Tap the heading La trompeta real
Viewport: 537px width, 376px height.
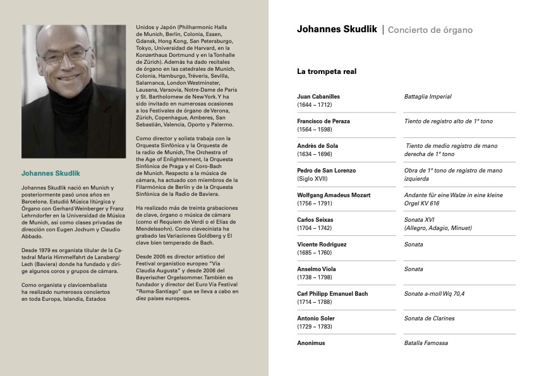pos(327,71)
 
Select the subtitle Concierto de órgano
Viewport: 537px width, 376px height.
pos(430,30)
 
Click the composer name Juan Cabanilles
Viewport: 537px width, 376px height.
pos(318,97)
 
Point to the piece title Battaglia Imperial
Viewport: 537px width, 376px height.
pos(428,97)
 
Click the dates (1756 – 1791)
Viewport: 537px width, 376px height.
pos(314,203)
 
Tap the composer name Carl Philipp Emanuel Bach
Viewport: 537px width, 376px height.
pos(332,294)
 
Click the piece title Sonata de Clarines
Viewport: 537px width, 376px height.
pos(429,318)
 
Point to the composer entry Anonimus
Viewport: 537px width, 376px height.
pos(311,343)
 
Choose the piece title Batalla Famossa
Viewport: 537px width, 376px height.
pos(426,343)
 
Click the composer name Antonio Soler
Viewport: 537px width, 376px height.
pos(316,318)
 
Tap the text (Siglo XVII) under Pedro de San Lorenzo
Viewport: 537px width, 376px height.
pos(312,179)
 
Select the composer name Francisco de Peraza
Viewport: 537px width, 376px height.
pos(323,121)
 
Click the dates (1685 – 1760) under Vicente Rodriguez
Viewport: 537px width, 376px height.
pos(314,253)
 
